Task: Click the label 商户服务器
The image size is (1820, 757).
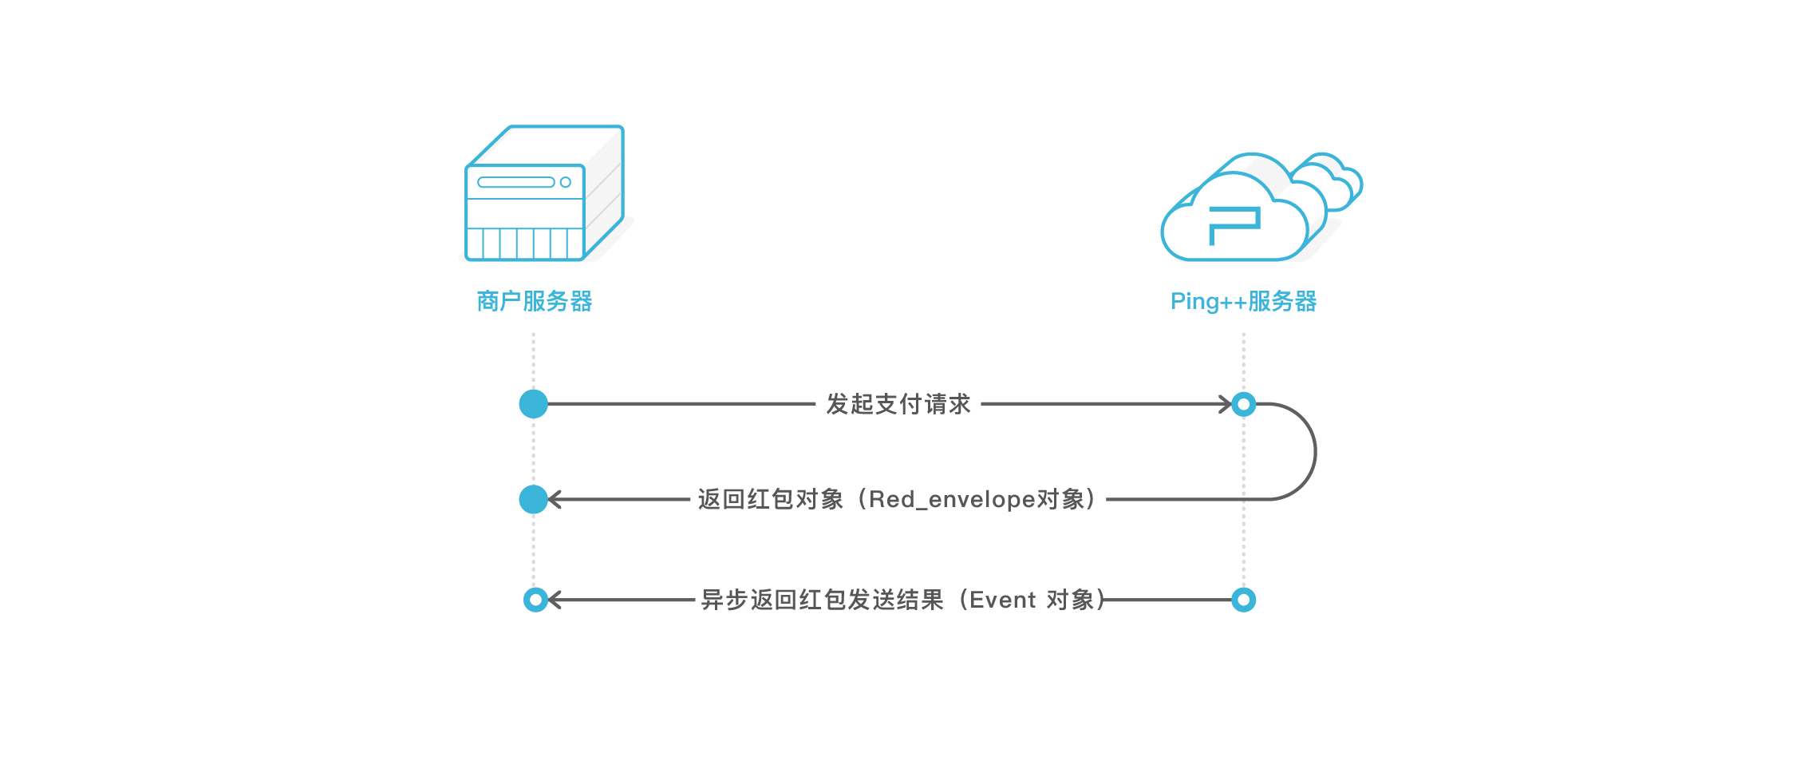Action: tap(534, 301)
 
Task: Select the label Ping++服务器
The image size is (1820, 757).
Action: tap(1243, 301)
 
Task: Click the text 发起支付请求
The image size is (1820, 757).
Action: tap(898, 404)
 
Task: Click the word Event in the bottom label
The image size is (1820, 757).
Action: tap(1002, 600)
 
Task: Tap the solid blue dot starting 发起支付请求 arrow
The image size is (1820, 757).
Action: tap(533, 404)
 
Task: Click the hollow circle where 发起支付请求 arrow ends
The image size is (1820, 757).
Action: tap(1243, 404)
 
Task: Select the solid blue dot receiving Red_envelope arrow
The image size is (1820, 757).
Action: tap(533, 499)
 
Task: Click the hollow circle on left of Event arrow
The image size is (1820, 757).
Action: tap(535, 600)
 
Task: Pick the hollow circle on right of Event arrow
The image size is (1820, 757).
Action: tap(1243, 600)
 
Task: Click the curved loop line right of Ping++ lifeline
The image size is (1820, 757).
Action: tap(1314, 452)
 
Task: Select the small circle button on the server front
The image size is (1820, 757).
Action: tap(566, 182)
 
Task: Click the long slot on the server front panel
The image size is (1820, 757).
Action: tap(515, 182)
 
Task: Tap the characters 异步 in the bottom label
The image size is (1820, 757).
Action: tap(724, 600)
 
